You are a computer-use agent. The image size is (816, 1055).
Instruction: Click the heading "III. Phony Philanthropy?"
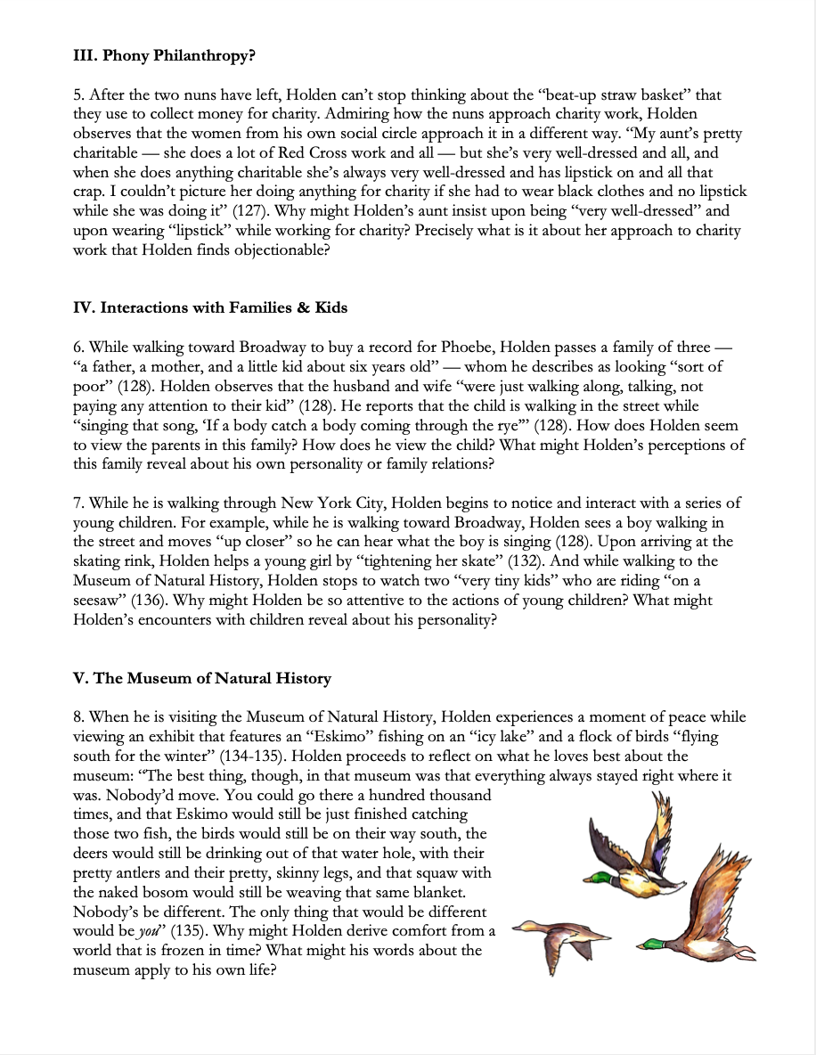[164, 56]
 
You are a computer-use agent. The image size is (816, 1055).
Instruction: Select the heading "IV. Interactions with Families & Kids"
[210, 307]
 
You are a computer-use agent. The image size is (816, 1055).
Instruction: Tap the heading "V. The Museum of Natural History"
[201, 678]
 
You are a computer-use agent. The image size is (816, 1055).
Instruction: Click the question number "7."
[79, 503]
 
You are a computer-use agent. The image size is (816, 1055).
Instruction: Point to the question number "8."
[79, 716]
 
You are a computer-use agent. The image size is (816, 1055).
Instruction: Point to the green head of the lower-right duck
[653, 944]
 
